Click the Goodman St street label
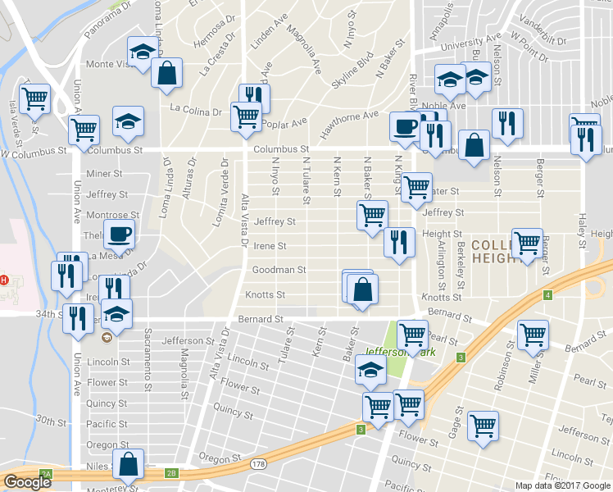point(279,269)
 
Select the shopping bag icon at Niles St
point(129,464)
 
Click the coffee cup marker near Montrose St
point(120,234)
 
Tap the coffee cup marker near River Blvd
point(404,126)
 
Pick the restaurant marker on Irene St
point(398,242)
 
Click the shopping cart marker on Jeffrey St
point(372,216)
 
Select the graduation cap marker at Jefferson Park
point(370,372)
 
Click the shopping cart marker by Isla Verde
point(35,98)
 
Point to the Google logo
point(26,482)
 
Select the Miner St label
point(104,174)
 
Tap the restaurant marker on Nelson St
point(507,123)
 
